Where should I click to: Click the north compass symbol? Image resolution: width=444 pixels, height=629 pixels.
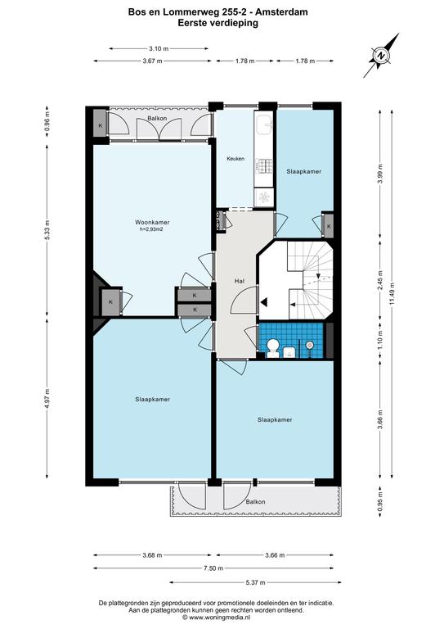[x=382, y=56]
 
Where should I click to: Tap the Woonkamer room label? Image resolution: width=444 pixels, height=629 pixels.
[x=152, y=222]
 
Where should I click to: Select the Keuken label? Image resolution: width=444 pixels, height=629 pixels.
[x=235, y=159]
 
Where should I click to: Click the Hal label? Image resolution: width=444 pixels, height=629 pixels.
[x=240, y=281]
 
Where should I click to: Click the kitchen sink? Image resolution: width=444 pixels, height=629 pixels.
[x=265, y=124]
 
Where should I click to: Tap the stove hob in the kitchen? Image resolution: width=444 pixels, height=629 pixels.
[x=265, y=166]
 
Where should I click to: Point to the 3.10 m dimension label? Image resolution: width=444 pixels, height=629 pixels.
[x=159, y=48]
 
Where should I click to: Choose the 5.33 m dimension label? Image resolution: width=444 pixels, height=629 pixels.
[x=47, y=230]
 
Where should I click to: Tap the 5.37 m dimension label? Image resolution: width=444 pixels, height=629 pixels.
[x=256, y=582]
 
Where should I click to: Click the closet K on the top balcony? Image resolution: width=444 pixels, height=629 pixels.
[x=101, y=125]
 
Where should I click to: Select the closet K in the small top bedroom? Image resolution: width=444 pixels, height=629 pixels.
[x=329, y=226]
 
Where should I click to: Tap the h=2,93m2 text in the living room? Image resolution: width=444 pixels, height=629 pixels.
[x=151, y=229]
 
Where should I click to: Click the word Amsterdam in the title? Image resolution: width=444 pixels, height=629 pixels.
[x=282, y=12]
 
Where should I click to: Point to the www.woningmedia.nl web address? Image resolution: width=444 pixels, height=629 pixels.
[x=219, y=618]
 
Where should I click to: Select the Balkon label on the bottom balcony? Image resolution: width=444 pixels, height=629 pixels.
[x=255, y=502]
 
